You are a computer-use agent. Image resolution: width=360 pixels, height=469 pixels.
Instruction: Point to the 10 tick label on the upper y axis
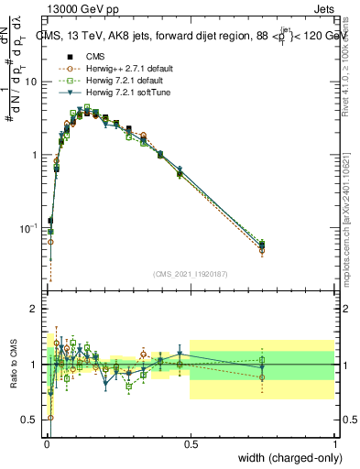pos(31,82)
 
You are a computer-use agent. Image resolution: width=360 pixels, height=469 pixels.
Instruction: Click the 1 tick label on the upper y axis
pos(34,155)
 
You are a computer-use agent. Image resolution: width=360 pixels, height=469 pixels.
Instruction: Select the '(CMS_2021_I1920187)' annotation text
pos(190,274)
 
